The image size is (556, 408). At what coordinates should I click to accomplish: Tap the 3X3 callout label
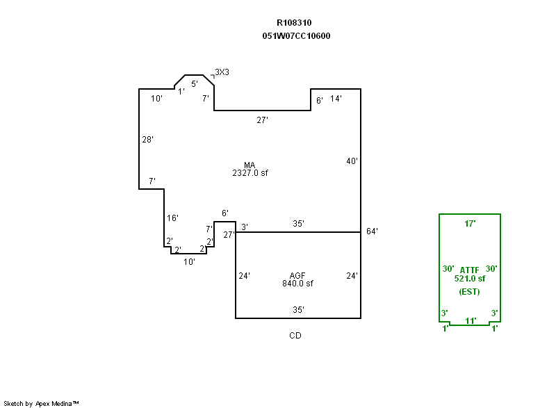tap(222, 72)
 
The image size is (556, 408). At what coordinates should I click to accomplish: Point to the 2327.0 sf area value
tap(250, 173)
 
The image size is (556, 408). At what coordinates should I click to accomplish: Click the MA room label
tap(250, 165)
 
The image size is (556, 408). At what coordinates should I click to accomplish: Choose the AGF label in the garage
tap(299, 275)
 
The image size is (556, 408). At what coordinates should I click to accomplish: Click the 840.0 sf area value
tap(298, 283)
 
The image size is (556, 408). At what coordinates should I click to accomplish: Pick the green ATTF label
tap(470, 269)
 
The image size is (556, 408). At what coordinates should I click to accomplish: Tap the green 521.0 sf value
tap(470, 278)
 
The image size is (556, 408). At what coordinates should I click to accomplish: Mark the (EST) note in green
tap(470, 291)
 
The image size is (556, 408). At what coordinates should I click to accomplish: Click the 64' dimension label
tap(372, 231)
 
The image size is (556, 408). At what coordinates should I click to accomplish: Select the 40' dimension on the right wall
tap(352, 161)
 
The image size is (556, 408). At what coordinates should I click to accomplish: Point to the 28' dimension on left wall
tap(147, 140)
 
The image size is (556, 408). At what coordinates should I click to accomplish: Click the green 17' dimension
tap(470, 224)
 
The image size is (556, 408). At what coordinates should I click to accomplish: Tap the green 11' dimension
tap(470, 320)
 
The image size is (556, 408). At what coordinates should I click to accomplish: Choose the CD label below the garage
tap(295, 336)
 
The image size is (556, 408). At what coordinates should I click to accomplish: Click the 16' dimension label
tap(172, 218)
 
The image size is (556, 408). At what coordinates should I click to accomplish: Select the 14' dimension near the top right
tap(336, 99)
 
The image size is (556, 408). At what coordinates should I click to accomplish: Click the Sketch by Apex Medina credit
tap(42, 403)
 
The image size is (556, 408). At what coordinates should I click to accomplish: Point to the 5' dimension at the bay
tap(195, 83)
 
